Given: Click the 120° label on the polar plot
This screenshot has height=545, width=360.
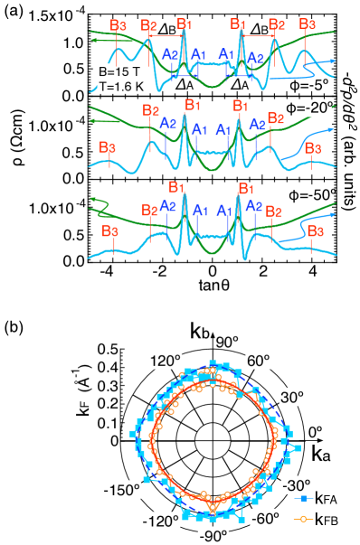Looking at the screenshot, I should (x=166, y=361).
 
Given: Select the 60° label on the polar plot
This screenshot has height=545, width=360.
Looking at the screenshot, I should (x=259, y=361).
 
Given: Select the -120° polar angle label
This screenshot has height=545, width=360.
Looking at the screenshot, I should (x=160, y=520).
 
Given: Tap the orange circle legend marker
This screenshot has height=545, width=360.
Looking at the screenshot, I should (x=304, y=519).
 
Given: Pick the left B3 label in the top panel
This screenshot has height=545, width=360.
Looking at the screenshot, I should (x=118, y=24).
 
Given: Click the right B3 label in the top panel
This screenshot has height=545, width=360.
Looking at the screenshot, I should (x=308, y=24).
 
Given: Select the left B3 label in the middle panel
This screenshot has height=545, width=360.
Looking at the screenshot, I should (x=108, y=146).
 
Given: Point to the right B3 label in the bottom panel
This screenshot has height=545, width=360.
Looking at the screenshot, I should (x=315, y=231).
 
